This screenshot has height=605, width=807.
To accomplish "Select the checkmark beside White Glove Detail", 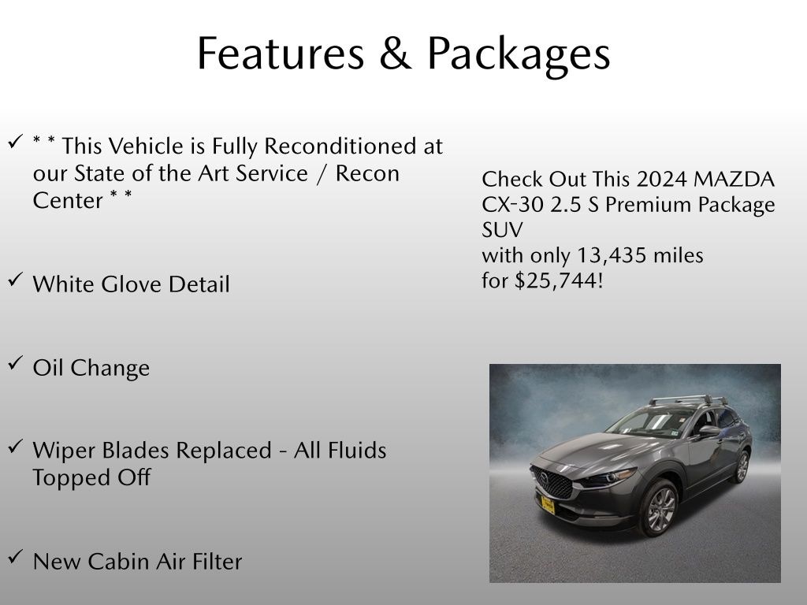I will [x=16, y=280].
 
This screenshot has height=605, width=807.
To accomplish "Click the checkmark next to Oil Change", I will [x=16, y=364].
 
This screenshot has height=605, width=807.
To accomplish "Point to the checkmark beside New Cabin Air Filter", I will [x=16, y=557].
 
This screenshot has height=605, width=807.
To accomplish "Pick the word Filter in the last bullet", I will [x=213, y=562].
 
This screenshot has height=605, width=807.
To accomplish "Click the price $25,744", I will [x=558, y=280].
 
